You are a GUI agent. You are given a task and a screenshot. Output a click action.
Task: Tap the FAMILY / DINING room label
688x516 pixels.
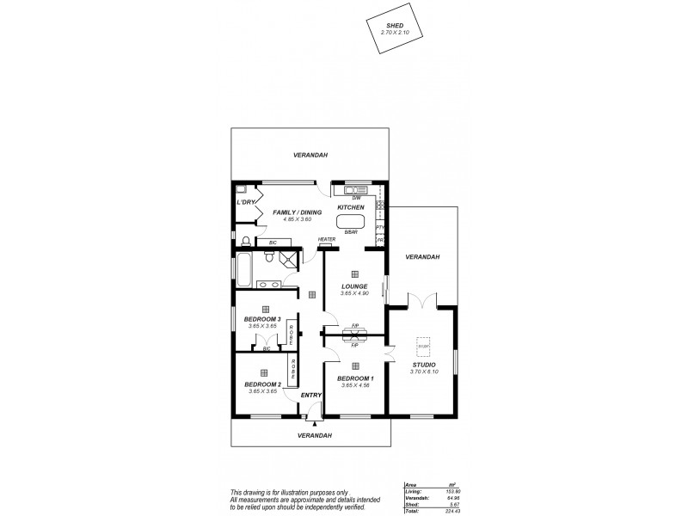[297, 212]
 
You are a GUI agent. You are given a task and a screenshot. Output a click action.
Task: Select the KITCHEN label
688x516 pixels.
[351, 208]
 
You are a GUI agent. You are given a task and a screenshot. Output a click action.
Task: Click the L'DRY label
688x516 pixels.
[246, 203]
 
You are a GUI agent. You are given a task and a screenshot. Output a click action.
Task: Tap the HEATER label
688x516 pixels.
[327, 240]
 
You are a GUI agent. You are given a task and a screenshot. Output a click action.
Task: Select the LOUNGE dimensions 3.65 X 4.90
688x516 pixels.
[354, 294]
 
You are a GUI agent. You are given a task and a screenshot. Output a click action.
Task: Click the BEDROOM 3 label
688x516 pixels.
[261, 319]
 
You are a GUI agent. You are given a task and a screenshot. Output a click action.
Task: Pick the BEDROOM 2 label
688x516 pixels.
[261, 384]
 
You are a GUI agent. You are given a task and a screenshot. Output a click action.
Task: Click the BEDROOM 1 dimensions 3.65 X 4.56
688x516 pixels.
[354, 385]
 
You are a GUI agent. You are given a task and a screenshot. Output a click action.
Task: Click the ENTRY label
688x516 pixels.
[311, 395]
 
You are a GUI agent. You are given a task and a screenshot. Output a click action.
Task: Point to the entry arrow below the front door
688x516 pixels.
[316, 423]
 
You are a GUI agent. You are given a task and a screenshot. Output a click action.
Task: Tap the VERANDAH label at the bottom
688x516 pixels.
[314, 435]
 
